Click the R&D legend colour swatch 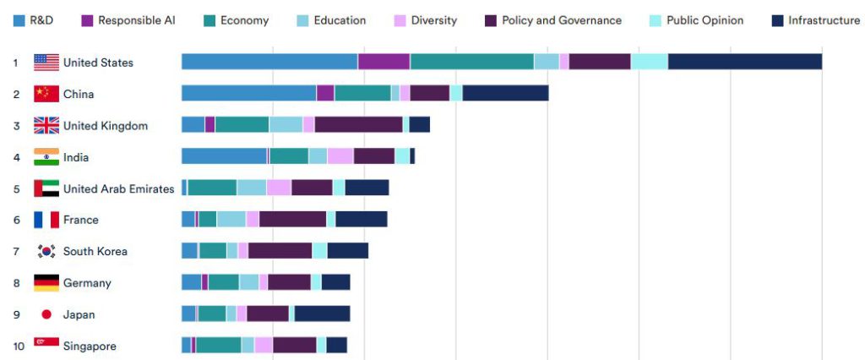click(x=19, y=20)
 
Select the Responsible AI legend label click(x=136, y=20)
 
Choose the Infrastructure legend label click(x=824, y=20)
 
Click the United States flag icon click(x=46, y=62)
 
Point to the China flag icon click(x=46, y=94)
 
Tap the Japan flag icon click(x=46, y=314)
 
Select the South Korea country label click(x=95, y=251)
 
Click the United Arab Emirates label click(x=118, y=188)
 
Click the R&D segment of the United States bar click(x=269, y=62)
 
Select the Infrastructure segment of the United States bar click(x=744, y=62)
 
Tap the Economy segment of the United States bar click(x=471, y=62)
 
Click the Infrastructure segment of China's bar click(x=505, y=94)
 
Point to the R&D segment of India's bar click(x=224, y=156)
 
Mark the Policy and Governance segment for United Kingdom click(x=358, y=125)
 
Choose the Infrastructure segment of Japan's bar click(x=322, y=314)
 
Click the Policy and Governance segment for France click(x=292, y=220)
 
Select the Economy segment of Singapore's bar click(x=218, y=346)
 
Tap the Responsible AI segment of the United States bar click(x=384, y=62)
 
